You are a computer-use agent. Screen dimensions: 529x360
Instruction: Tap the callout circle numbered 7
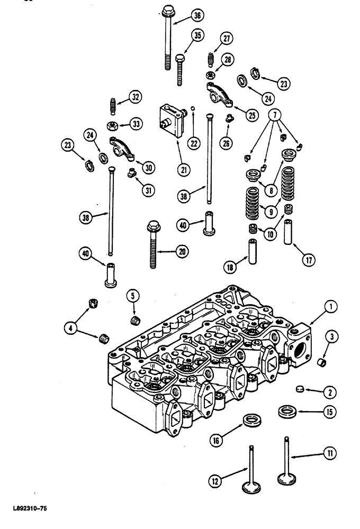pos(277,114)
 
